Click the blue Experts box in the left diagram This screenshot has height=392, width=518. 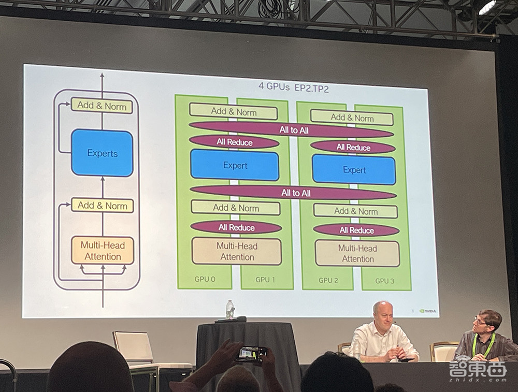[102, 153]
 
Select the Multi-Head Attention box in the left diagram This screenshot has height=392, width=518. [103, 250]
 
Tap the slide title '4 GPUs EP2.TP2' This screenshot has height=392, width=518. [293, 87]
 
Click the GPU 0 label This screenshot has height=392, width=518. [205, 280]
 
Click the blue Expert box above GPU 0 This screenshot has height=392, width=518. [235, 166]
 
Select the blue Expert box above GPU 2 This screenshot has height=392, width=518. [354, 170]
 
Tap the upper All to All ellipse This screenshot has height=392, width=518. [293, 130]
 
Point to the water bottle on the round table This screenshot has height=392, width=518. [229, 310]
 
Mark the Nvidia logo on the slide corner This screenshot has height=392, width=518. [427, 311]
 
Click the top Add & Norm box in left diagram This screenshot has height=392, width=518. [102, 106]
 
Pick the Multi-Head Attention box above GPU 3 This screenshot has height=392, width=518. [357, 253]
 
